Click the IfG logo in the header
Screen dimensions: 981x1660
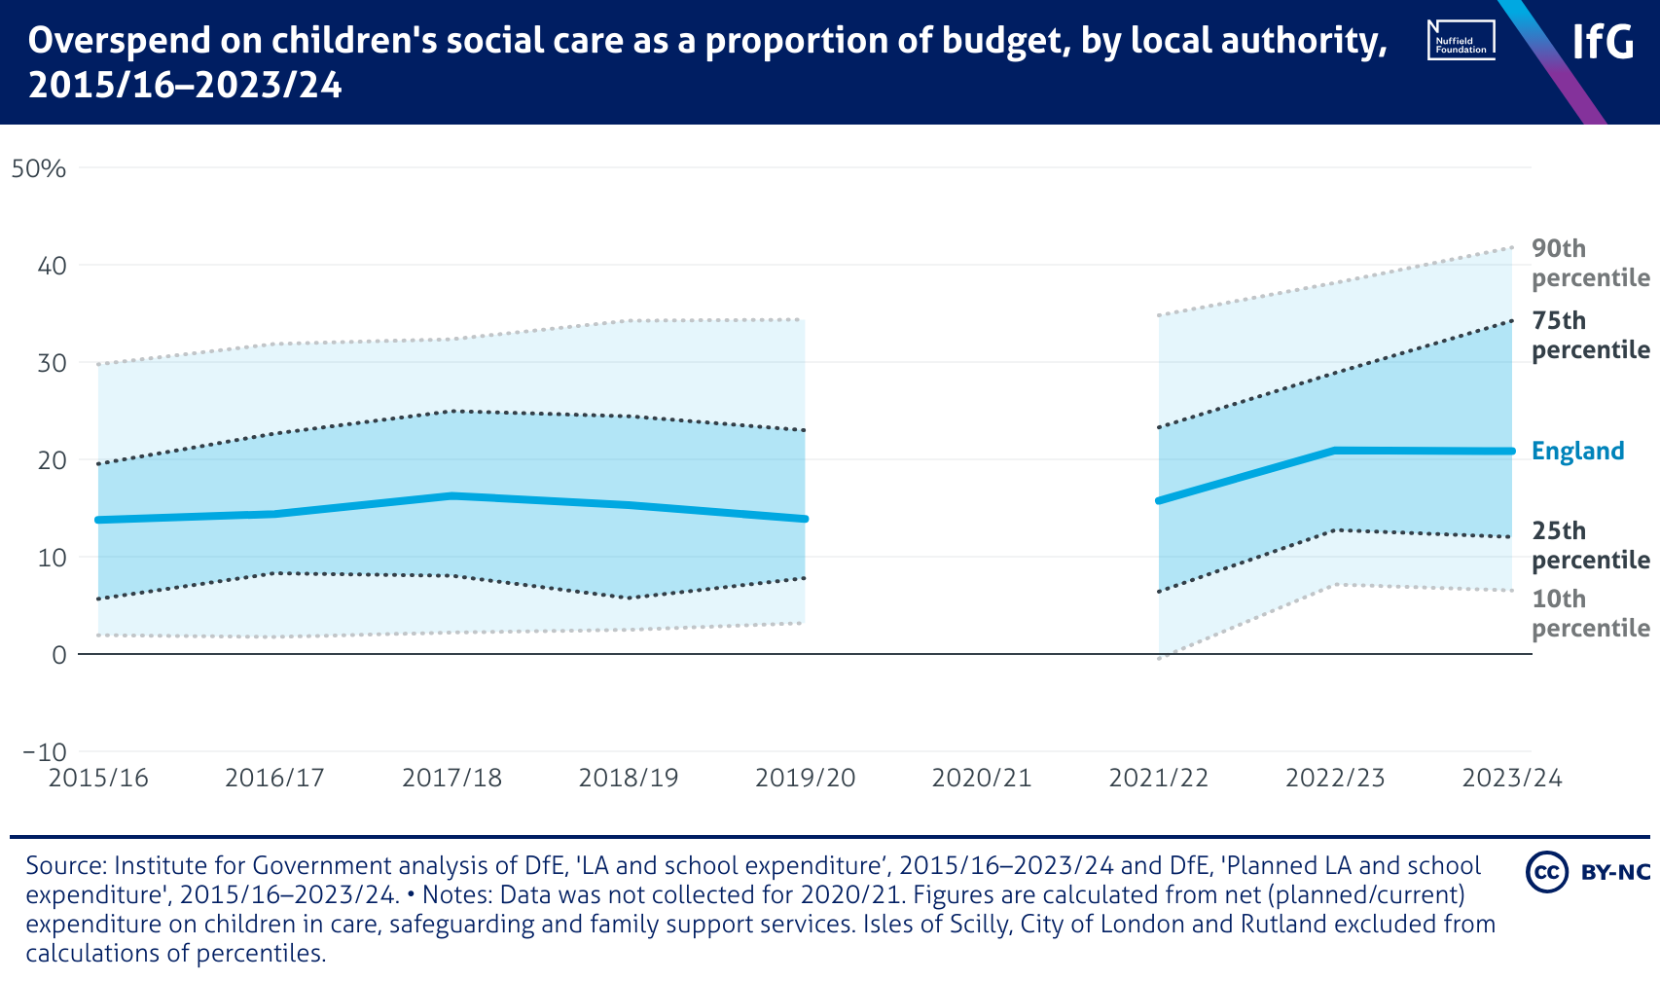pyautogui.click(x=1604, y=42)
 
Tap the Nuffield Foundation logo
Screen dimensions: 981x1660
pyautogui.click(x=1461, y=41)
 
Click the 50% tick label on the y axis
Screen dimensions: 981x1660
pyautogui.click(x=38, y=168)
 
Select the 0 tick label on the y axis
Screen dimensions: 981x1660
pyautogui.click(x=58, y=655)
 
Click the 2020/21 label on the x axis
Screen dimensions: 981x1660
pyautogui.click(x=982, y=779)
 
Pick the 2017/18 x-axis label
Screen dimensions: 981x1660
pyautogui.click(x=451, y=779)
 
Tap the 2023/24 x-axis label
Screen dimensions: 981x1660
pyautogui.click(x=1512, y=779)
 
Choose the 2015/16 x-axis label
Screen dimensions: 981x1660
pyautogui.click(x=98, y=779)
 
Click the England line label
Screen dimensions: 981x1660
pyautogui.click(x=1577, y=451)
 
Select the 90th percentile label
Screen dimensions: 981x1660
pyautogui.click(x=1590, y=263)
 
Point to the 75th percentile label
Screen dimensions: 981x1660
pyautogui.click(x=1590, y=335)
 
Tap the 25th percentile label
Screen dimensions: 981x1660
pyautogui.click(x=1590, y=545)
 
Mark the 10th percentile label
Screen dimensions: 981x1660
pyautogui.click(x=1590, y=613)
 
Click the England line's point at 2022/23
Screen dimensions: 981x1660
pyautogui.click(x=1335, y=451)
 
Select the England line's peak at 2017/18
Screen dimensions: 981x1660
pyautogui.click(x=451, y=495)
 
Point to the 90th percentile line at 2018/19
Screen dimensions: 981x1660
pyautogui.click(x=629, y=320)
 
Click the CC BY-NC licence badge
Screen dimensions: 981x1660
pyautogui.click(x=1588, y=871)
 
